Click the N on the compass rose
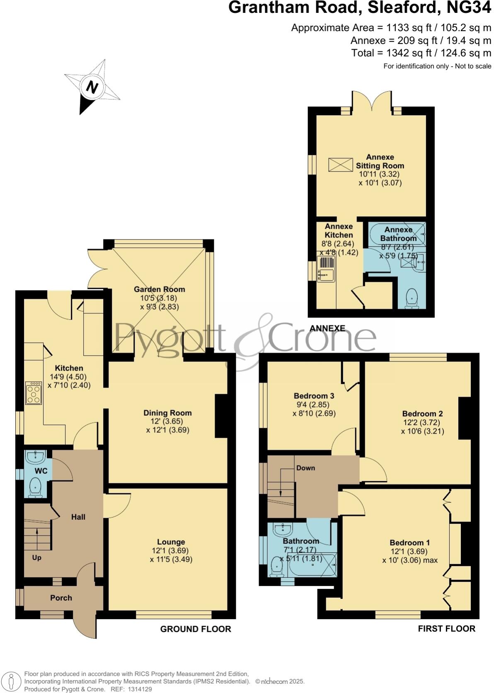point(92,87)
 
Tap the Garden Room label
point(159,289)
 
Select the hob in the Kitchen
point(34,393)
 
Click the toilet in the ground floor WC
point(36,487)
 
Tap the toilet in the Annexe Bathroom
point(412,298)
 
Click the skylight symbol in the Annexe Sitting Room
point(340,165)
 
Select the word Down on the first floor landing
point(305,468)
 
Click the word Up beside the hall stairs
point(37,557)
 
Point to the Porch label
point(61,598)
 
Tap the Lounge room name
point(171,542)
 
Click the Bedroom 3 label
point(314,396)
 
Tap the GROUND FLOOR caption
point(196,629)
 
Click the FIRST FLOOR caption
point(446,628)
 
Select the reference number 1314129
point(141,689)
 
